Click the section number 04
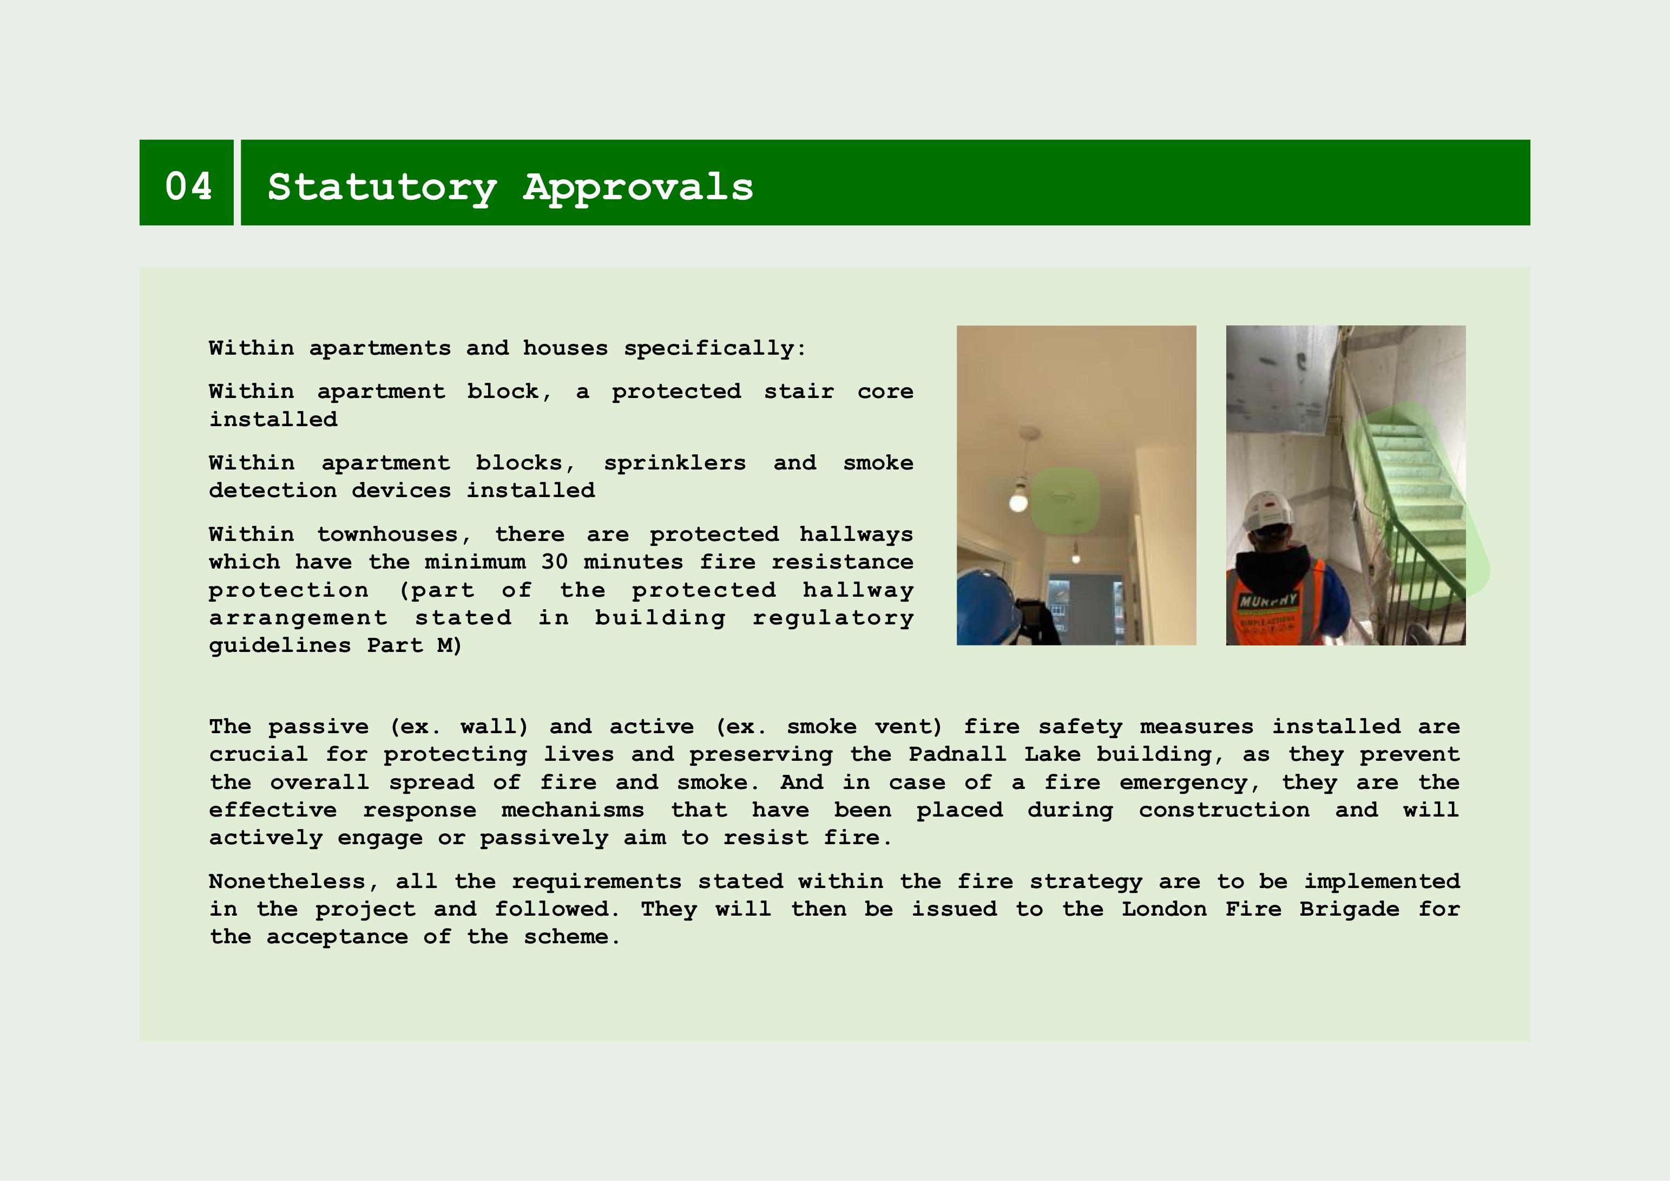pos(188,186)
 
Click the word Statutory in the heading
pos(383,188)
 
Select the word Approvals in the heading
pos(638,188)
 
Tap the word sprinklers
pos(674,464)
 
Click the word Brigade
pos(1349,910)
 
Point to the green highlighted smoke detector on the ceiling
pos(1065,499)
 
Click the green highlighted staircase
pos(1408,502)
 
